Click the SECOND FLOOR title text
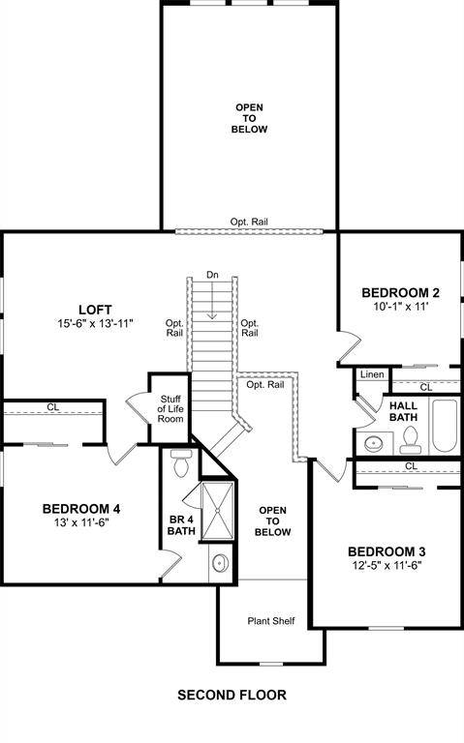[232, 695]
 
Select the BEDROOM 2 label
[400, 292]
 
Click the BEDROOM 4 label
[80, 508]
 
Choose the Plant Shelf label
[270, 621]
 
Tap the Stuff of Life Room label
[170, 409]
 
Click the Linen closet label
[372, 374]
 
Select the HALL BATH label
[403, 410]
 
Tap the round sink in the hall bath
[374, 444]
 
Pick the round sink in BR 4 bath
[220, 563]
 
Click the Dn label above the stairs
[213, 276]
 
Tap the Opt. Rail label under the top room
[249, 222]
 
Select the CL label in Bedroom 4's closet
[52, 407]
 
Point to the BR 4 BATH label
[181, 523]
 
